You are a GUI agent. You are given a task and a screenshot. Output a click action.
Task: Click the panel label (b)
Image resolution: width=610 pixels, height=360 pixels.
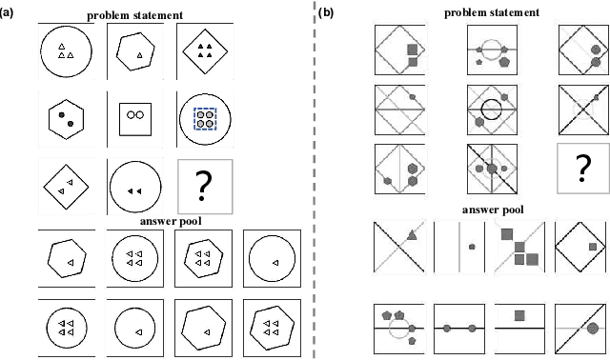(x=327, y=11)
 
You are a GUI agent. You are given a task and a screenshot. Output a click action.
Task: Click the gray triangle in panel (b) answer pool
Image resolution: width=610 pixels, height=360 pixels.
(x=410, y=233)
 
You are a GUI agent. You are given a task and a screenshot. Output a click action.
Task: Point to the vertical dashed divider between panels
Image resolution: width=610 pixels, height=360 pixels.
(x=314, y=180)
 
